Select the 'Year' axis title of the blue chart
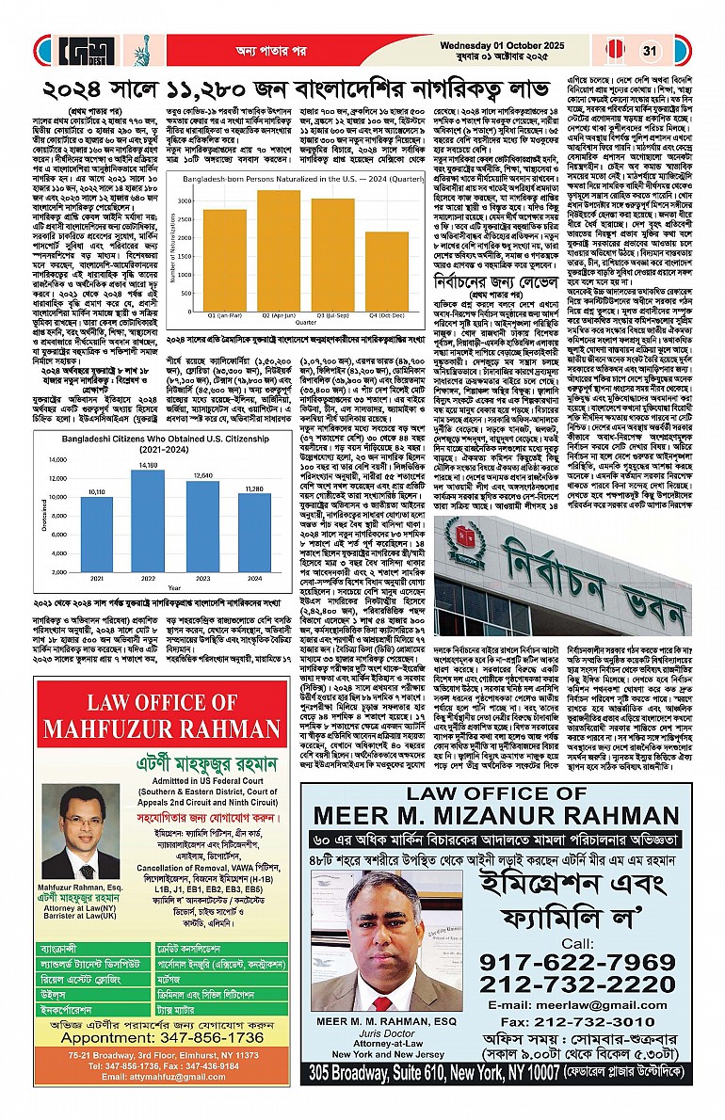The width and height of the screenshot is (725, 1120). [161, 584]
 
